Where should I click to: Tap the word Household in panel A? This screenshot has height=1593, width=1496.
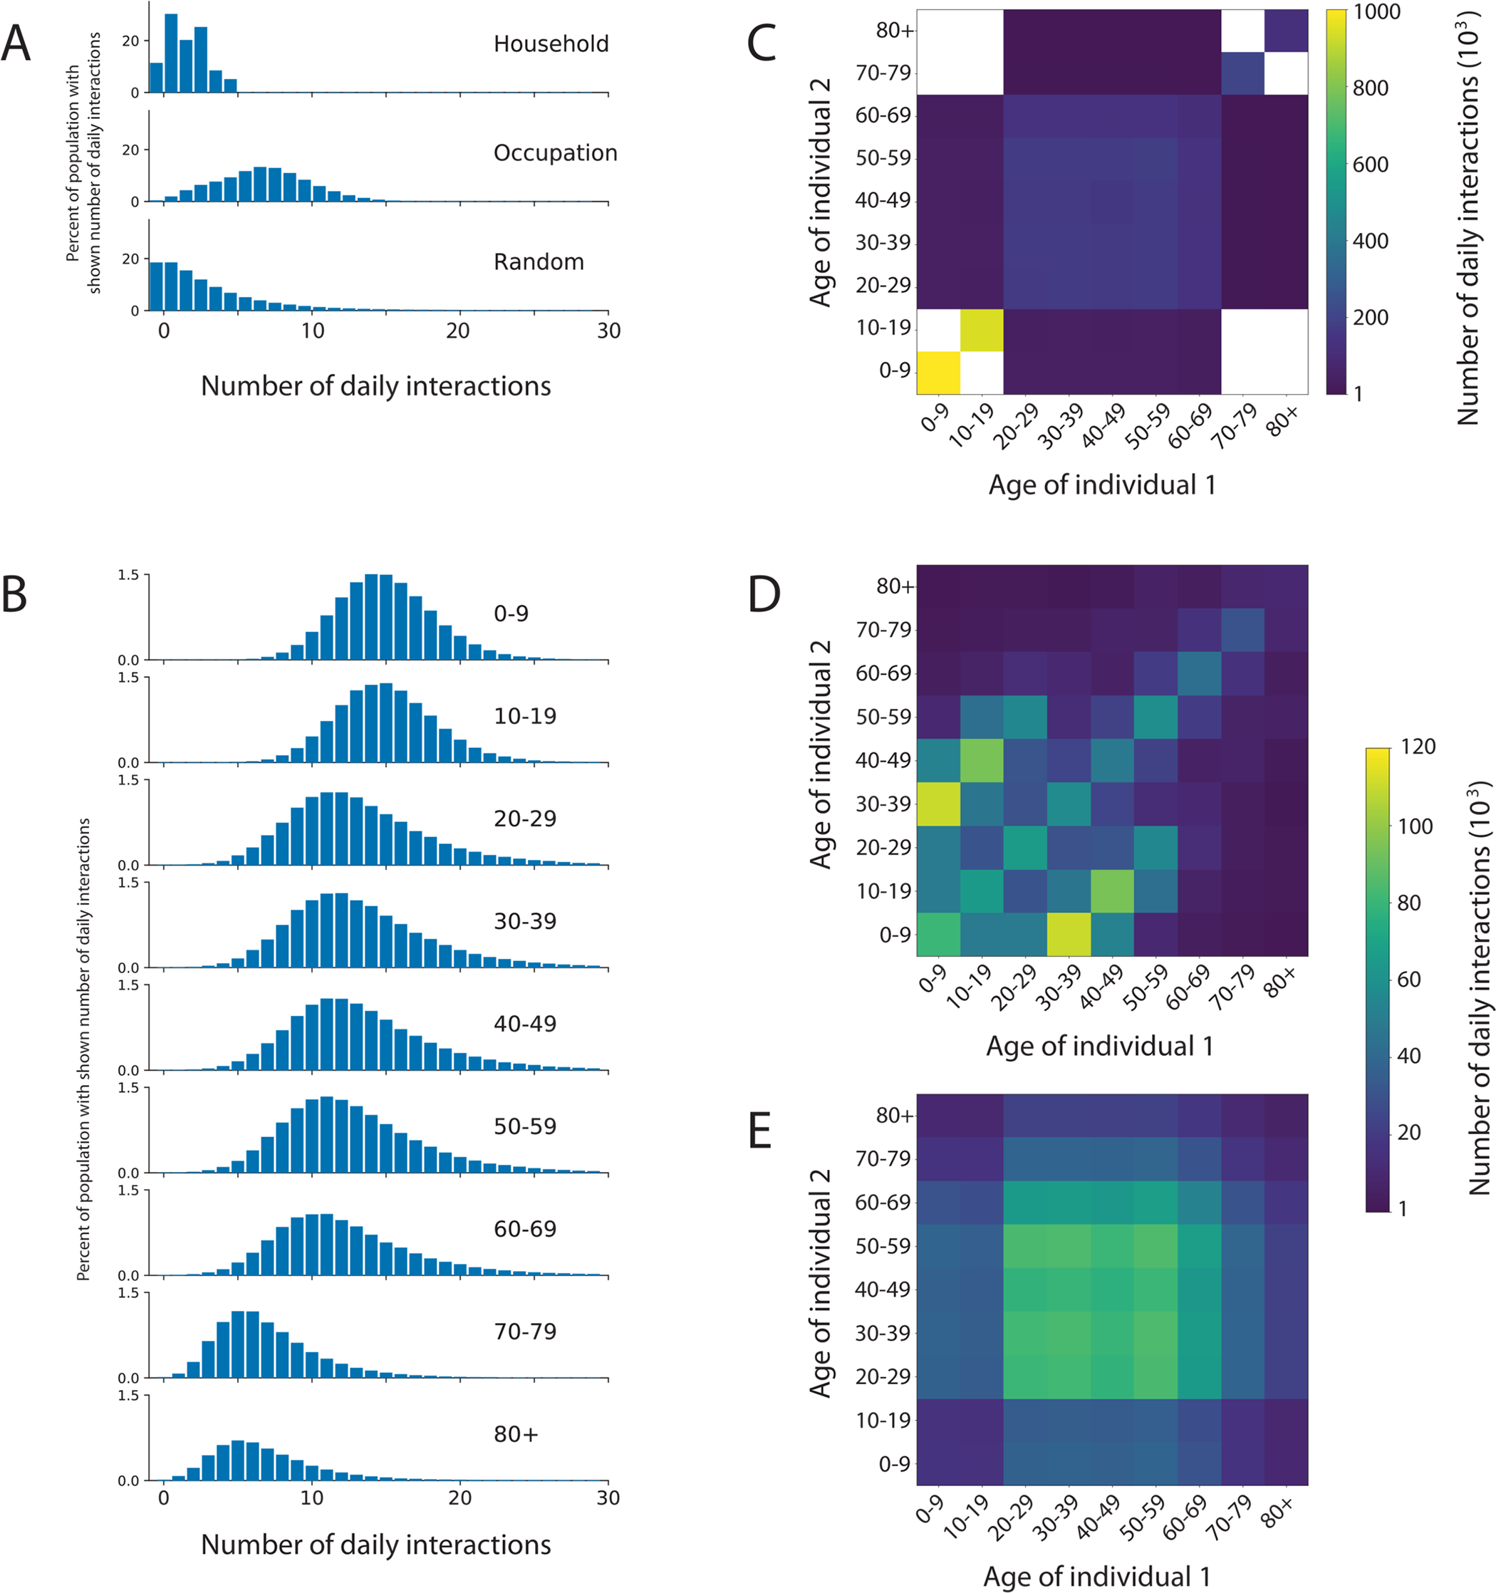(x=551, y=44)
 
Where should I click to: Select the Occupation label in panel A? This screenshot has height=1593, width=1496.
(x=554, y=153)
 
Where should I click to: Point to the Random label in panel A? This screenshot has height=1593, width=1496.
(x=539, y=262)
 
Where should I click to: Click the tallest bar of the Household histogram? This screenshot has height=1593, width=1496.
(x=171, y=53)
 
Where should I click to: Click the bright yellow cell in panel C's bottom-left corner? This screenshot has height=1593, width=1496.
(x=938, y=373)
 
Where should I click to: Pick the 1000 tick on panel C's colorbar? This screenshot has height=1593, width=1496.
(x=1376, y=12)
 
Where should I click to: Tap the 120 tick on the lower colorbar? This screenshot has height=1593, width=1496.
(x=1418, y=747)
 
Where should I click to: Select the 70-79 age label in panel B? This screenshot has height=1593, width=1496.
(x=525, y=1332)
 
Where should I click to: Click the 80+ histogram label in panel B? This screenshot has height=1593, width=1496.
(x=515, y=1434)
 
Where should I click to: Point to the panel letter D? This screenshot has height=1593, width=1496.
(x=764, y=595)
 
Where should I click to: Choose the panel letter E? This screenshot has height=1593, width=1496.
(x=759, y=1131)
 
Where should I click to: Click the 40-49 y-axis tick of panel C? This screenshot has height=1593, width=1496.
(x=883, y=200)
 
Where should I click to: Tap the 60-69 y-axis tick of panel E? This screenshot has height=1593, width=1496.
(x=883, y=1202)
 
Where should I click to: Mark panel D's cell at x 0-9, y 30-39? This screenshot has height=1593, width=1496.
(x=938, y=804)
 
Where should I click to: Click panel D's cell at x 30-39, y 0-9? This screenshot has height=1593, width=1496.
(x=1068, y=934)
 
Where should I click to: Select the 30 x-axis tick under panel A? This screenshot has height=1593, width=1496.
(x=608, y=331)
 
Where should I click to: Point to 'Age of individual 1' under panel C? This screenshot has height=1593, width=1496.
(x=1102, y=484)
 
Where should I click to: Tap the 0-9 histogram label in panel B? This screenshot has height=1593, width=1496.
(x=510, y=614)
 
